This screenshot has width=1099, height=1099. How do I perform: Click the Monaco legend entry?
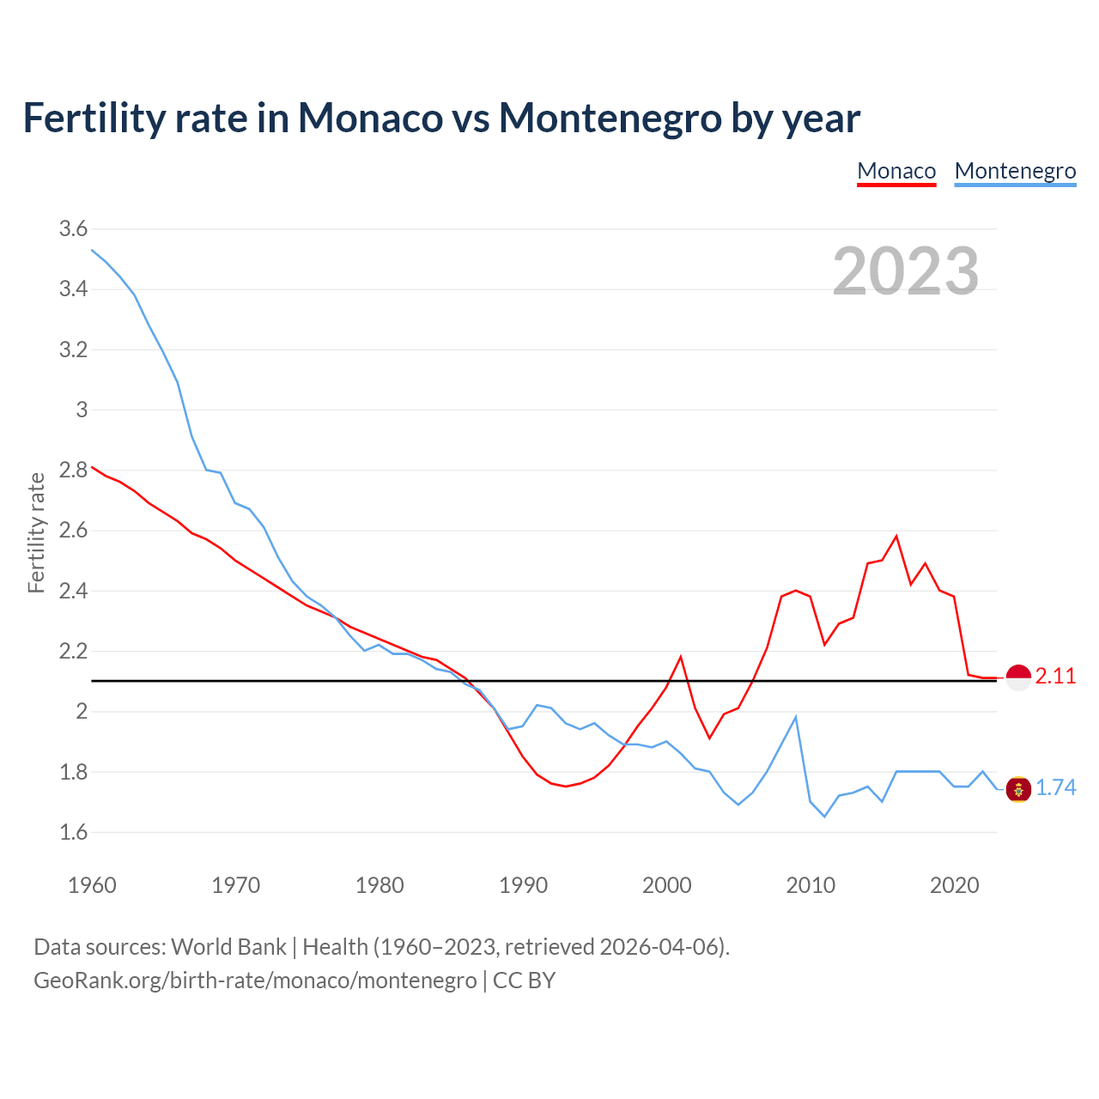896,171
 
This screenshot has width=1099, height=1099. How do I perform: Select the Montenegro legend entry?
1015,171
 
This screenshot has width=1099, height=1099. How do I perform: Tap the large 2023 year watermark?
906,271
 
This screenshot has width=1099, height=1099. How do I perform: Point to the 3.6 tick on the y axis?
73,229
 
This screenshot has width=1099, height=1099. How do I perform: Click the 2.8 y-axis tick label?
73,471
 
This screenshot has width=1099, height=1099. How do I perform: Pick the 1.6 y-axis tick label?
73,832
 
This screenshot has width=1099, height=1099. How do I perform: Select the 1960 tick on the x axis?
92,885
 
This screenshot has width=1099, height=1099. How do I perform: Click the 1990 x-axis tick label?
523,885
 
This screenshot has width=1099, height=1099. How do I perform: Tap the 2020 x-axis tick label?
954,885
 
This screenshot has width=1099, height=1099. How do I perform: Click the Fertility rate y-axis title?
36,532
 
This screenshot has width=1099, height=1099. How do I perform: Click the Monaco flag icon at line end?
1018,677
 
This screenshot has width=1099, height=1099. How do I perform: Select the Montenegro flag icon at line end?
1018,789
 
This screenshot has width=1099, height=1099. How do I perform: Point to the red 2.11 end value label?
1055,677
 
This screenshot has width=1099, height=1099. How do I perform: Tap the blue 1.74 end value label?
1055,788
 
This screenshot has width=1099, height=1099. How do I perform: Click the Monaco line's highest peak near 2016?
896,537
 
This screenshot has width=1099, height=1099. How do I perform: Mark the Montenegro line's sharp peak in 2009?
796,717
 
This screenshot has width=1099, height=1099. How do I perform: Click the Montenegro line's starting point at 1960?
92,250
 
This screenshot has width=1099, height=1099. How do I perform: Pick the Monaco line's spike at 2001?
681,657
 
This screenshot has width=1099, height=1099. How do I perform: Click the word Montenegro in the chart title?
610,118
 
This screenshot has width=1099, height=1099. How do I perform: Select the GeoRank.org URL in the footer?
255,980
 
